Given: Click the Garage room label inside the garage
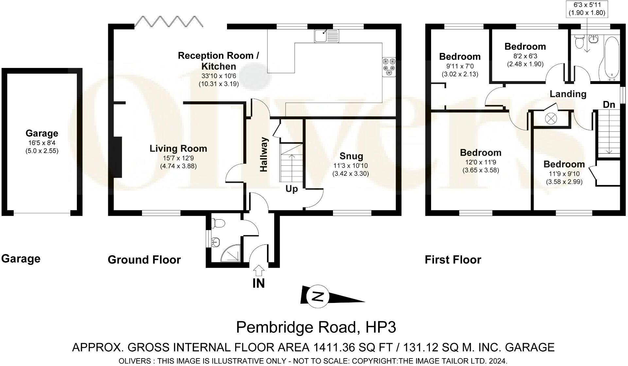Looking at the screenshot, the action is tap(42, 133).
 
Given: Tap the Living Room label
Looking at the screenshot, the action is tap(178, 149).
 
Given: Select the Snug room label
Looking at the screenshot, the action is tap(351, 156).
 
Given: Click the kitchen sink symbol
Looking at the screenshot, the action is tap(327, 36).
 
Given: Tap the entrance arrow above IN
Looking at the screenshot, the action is tap(259, 271).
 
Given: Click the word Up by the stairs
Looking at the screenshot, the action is tap(292, 189).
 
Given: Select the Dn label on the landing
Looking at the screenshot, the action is tap(609, 105).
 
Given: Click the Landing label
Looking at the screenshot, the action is tap(568, 94).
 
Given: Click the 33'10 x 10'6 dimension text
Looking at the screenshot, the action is tap(219, 76).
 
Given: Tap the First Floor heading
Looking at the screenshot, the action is tap(453, 260).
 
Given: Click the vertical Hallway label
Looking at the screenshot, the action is tap(264, 154).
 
